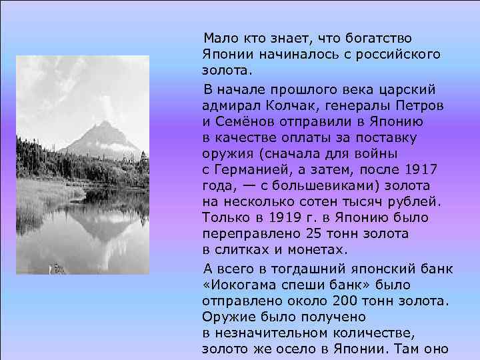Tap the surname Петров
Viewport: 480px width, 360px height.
423,105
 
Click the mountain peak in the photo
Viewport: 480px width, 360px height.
104,123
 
